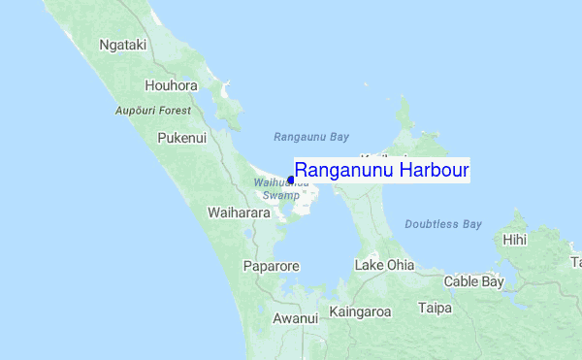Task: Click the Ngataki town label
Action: pos(122,45)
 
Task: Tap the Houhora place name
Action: pos(171,85)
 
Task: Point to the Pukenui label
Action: pos(181,139)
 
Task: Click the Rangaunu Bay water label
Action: pos(311,137)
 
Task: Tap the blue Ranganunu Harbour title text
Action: pos(381,171)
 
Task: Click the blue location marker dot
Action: pos(291,179)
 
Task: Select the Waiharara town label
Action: pos(239,212)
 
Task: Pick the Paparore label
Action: pos(272,265)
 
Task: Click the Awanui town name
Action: pos(295,318)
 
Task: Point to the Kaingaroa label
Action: pos(360,312)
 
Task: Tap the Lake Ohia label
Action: pos(384,265)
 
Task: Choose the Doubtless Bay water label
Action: pos(443,224)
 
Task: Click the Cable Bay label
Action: pos(473,282)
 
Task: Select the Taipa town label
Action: pos(436,309)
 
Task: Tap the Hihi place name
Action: pos(514,240)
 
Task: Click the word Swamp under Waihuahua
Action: pos(280,195)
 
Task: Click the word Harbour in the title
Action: pos(432,171)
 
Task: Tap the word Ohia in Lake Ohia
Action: pos(399,265)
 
